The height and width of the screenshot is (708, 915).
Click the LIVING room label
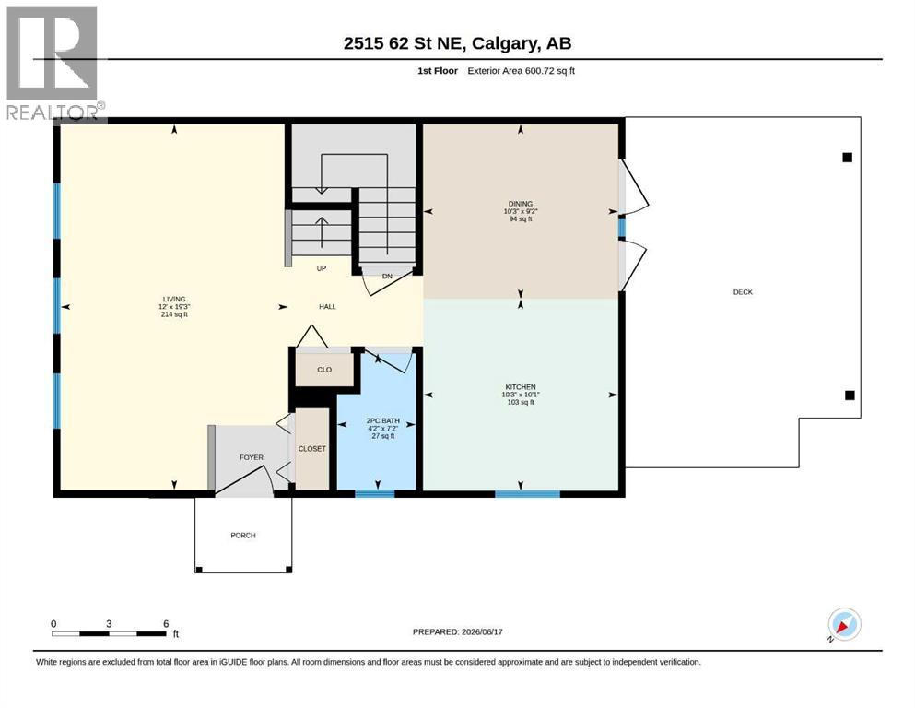tap(174, 299)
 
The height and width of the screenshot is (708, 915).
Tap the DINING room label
tap(520, 204)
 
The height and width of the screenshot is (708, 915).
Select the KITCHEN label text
tap(520, 387)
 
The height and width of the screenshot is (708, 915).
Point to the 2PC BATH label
tap(382, 420)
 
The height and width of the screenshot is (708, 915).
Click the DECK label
tap(743, 292)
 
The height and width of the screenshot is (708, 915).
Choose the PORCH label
tap(242, 536)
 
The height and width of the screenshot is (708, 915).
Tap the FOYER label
tap(252, 457)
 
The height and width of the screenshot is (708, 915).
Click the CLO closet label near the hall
tap(324, 370)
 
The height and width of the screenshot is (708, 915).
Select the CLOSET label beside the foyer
tap(312, 449)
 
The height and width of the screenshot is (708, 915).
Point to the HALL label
tap(327, 306)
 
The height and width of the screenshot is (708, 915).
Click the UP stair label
tap(321, 268)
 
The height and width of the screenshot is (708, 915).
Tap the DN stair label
tap(387, 276)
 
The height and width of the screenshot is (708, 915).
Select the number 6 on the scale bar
tap(166, 623)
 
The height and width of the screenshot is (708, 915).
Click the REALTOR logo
tap(54, 63)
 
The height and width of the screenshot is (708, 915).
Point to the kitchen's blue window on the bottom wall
tap(527, 494)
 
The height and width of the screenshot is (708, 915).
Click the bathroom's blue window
tap(375, 494)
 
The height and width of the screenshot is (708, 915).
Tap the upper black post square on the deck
tap(848, 157)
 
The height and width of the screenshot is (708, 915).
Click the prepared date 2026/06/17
tap(482, 631)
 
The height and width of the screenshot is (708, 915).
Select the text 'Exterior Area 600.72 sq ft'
tap(522, 71)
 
